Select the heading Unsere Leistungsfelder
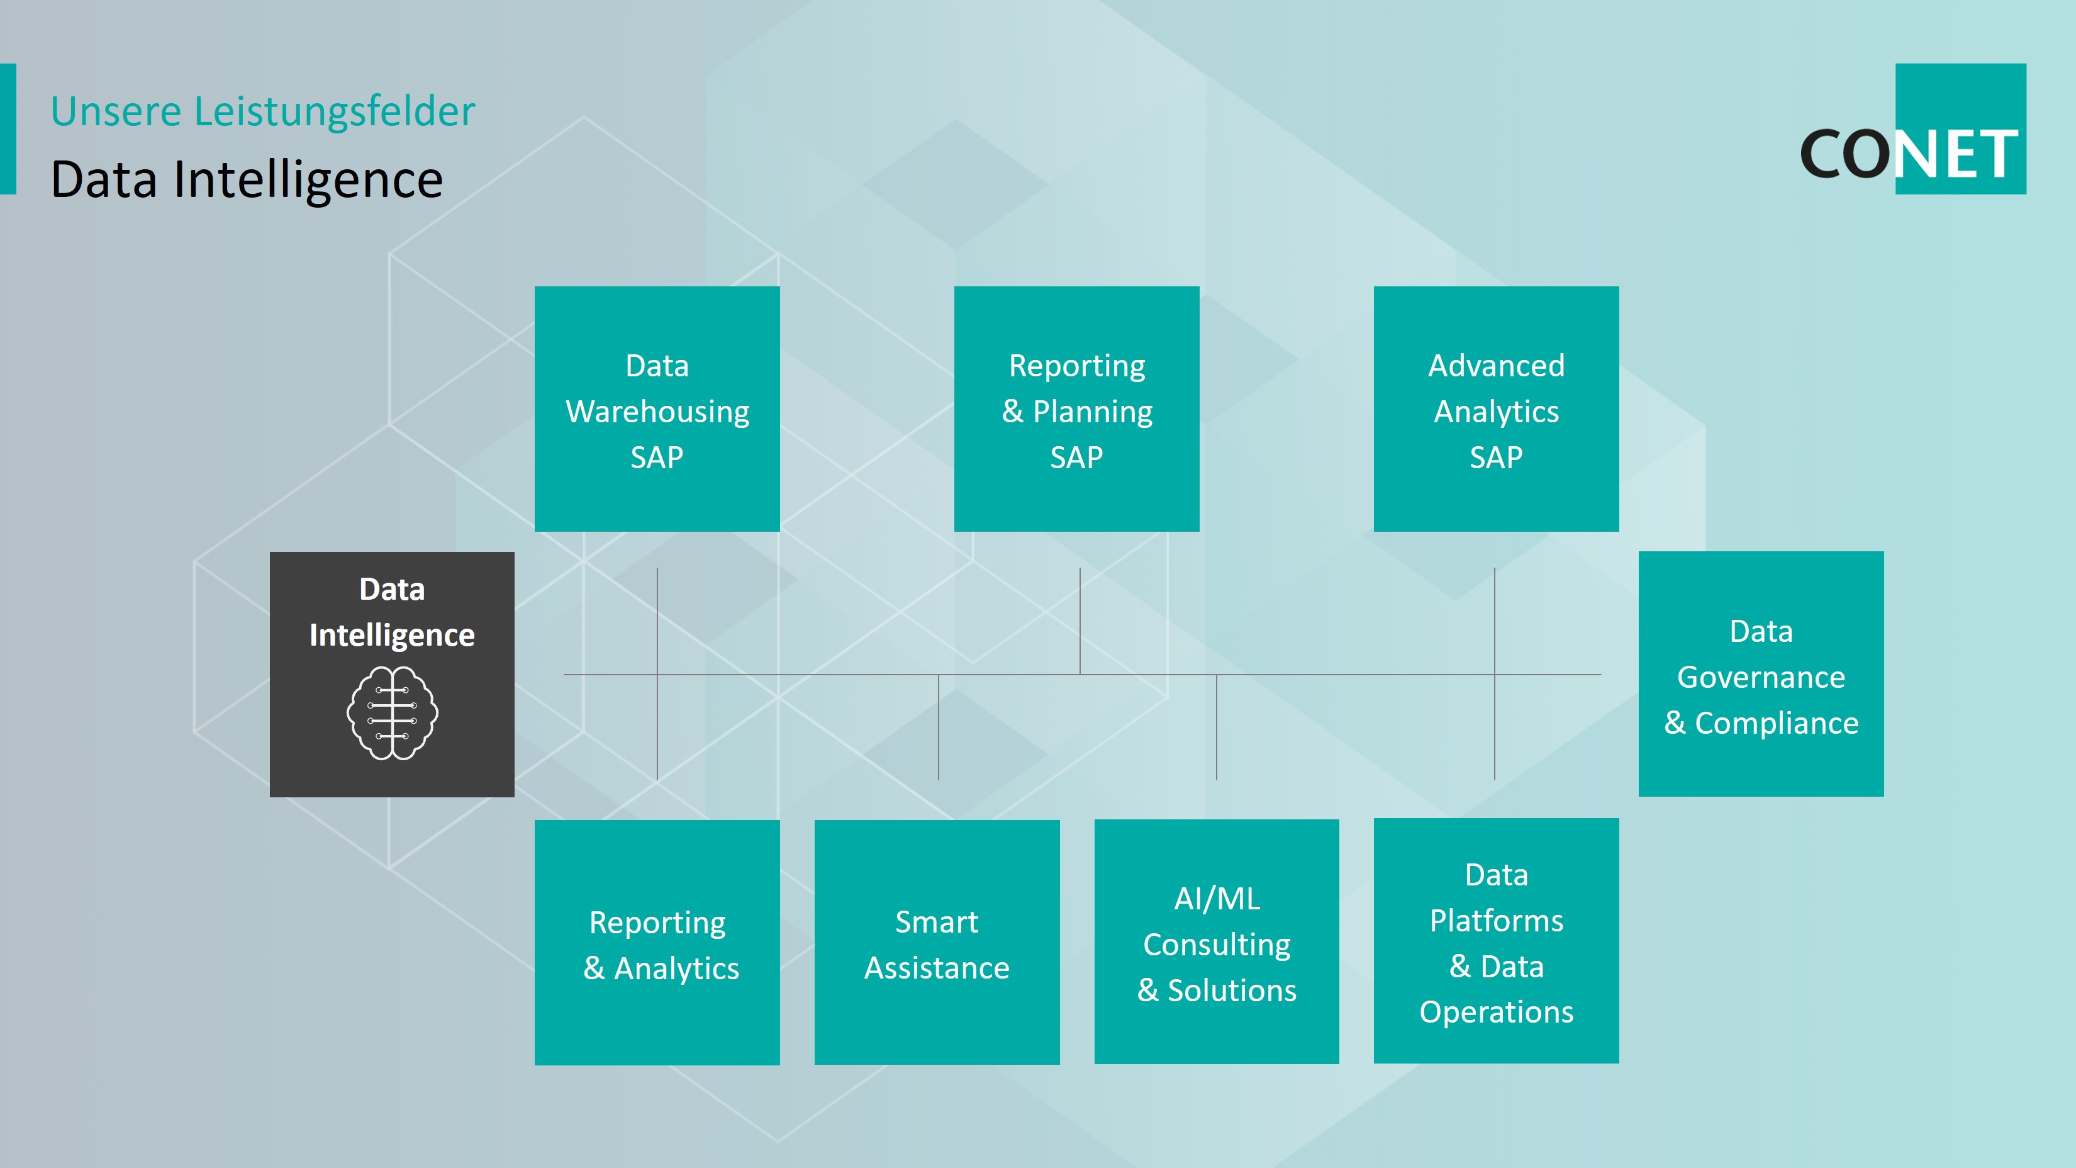click(263, 111)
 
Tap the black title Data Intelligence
click(247, 179)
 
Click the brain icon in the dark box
click(393, 712)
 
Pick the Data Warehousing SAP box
click(657, 408)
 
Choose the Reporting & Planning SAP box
click(1076, 408)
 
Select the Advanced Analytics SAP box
click(1497, 408)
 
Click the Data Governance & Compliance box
click(1761, 674)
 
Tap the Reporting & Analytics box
click(657, 942)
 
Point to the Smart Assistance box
click(937, 942)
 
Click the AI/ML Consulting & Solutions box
click(1217, 941)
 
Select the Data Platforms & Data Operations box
click(1497, 941)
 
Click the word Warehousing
click(657, 412)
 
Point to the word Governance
click(1761, 677)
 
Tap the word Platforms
click(1497, 921)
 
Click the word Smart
click(937, 921)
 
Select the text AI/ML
click(1217, 899)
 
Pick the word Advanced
click(1497, 365)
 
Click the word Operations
click(1497, 1013)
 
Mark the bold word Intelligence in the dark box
click(393, 635)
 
